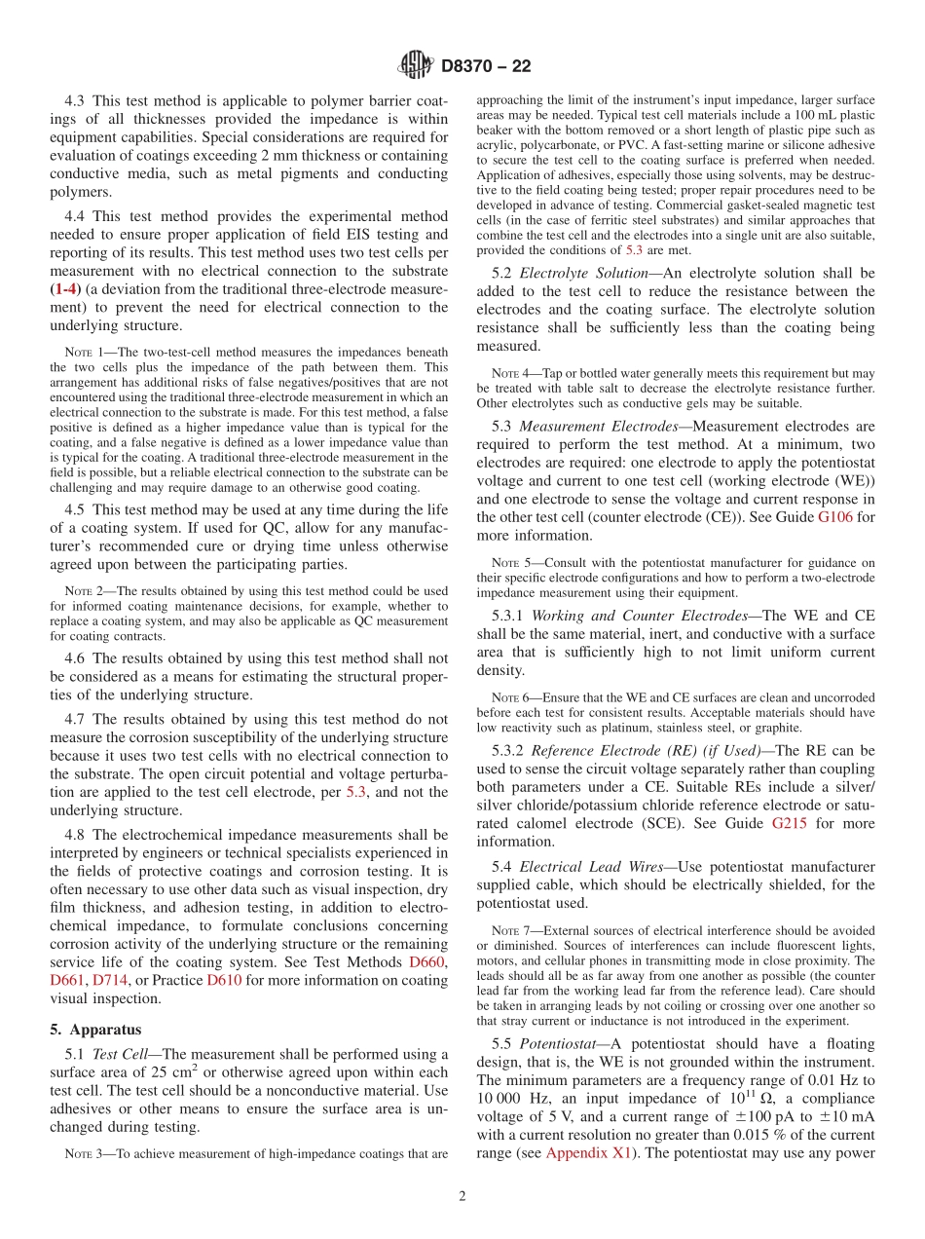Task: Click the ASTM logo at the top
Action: [x=415, y=66]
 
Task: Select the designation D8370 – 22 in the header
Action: [x=486, y=67]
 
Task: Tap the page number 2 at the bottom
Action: [x=462, y=1196]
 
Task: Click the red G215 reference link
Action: [x=791, y=823]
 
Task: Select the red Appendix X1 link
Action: [x=587, y=1152]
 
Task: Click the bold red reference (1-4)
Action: [x=65, y=289]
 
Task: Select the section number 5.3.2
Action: [x=508, y=750]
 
